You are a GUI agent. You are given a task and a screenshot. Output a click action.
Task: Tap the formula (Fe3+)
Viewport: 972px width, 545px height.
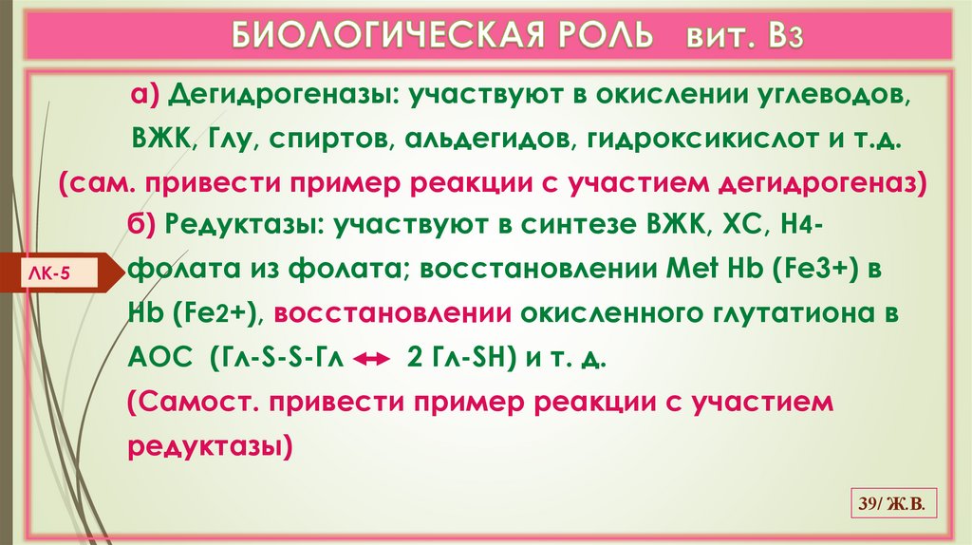[797, 271]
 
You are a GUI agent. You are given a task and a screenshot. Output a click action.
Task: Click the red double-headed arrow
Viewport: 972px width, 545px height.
[371, 360]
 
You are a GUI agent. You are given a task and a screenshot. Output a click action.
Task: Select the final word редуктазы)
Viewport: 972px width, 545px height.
[210, 444]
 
